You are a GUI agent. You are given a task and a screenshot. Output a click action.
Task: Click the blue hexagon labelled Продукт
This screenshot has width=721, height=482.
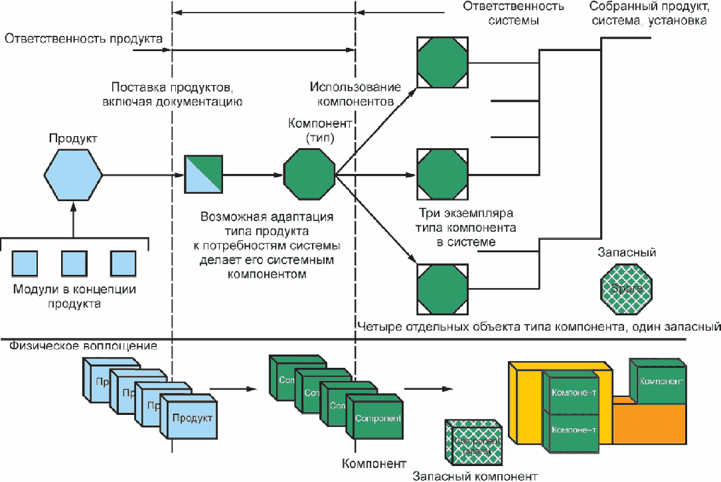[x=73, y=175]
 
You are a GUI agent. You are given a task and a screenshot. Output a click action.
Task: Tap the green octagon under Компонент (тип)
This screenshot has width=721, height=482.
[x=309, y=175]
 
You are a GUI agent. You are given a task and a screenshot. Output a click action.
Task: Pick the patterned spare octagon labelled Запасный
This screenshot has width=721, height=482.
[x=626, y=288]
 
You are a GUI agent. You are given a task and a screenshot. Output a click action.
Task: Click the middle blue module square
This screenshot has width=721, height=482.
[x=74, y=264]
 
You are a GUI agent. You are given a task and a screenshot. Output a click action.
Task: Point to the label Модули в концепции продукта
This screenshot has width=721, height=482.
[x=74, y=296]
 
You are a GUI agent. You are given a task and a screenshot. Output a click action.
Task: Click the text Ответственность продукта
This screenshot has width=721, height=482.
[x=84, y=39]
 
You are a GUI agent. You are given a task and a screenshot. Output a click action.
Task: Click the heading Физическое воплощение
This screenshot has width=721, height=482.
[x=83, y=347]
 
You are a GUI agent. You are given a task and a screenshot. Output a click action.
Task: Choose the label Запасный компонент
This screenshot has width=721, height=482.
[x=475, y=475]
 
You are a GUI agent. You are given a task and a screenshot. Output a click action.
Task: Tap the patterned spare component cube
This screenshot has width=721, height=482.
[x=472, y=442]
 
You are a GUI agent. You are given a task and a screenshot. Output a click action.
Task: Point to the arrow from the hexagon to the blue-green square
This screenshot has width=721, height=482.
[x=143, y=175]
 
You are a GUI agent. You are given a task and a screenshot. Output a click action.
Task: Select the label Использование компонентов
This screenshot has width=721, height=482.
[x=355, y=94]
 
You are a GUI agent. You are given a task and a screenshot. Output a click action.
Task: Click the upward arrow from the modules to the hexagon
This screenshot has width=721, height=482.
[x=73, y=219]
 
